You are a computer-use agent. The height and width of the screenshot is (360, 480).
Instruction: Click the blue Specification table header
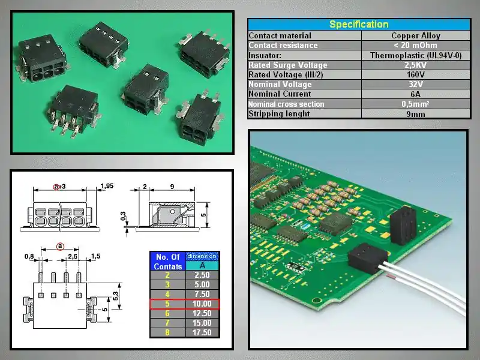pyautogui.click(x=359, y=25)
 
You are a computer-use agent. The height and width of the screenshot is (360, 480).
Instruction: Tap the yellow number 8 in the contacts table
pyautogui.click(x=167, y=332)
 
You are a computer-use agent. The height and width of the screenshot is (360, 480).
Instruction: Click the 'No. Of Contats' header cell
pyautogui.click(x=167, y=262)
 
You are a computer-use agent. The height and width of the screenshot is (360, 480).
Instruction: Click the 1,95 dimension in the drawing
pyautogui.click(x=107, y=186)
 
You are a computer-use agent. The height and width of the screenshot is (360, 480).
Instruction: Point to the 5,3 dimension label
pyautogui.click(x=115, y=296)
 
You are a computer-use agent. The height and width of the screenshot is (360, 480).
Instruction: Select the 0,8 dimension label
pyautogui.click(x=29, y=257)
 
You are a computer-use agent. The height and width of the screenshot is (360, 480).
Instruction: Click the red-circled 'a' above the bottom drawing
pyautogui.click(x=60, y=246)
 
